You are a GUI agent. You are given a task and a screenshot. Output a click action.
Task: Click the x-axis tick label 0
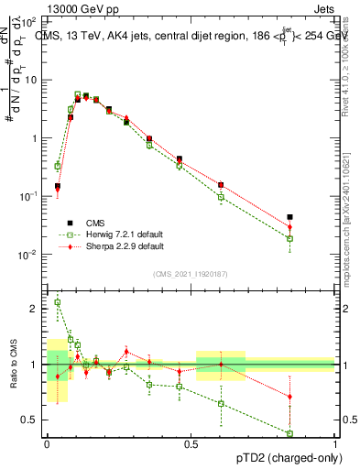tap(46, 443)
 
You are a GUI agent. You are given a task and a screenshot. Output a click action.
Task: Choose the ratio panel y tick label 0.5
tap(35, 420)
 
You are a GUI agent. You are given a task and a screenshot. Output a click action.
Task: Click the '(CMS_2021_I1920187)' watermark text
tap(190, 274)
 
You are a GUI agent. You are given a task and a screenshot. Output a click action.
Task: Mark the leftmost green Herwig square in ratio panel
tap(58, 302)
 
